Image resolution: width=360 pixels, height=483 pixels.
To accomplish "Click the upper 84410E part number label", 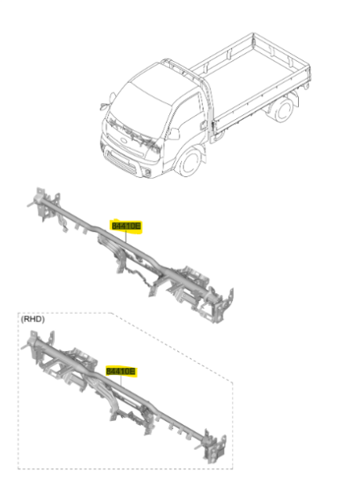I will point(125,227).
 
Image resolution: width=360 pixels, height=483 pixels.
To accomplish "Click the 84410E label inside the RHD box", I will point(121,371).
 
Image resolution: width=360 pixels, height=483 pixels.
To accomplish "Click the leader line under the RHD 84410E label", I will point(121,384).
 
